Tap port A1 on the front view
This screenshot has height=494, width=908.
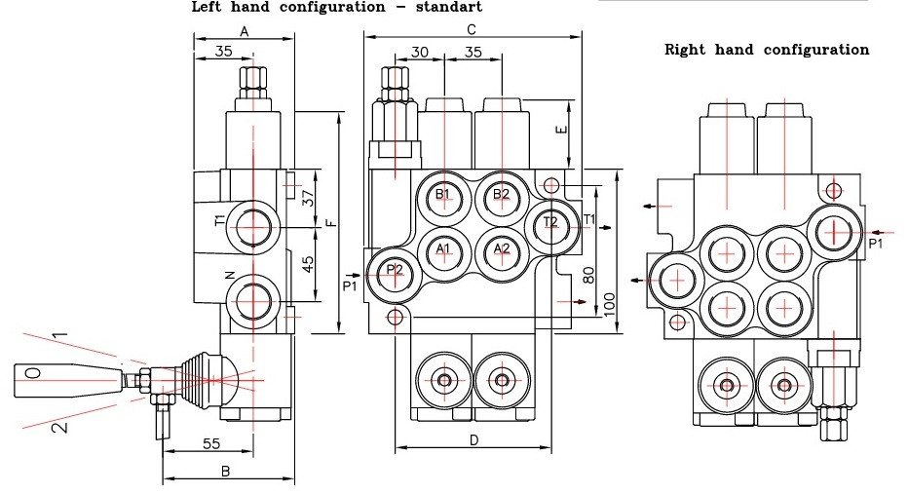tap(443, 250)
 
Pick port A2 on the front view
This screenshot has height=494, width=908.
tap(501, 250)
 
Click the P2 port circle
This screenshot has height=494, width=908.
tap(395, 272)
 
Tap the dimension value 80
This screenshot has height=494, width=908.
tap(588, 274)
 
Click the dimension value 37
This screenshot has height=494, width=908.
tap(308, 198)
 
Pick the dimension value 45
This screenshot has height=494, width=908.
tap(308, 265)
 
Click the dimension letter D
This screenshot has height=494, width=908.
tap(473, 440)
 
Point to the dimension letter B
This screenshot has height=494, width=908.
tap(225, 471)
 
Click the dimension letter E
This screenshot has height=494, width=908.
tap(559, 131)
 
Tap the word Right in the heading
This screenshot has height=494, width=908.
tap(686, 49)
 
